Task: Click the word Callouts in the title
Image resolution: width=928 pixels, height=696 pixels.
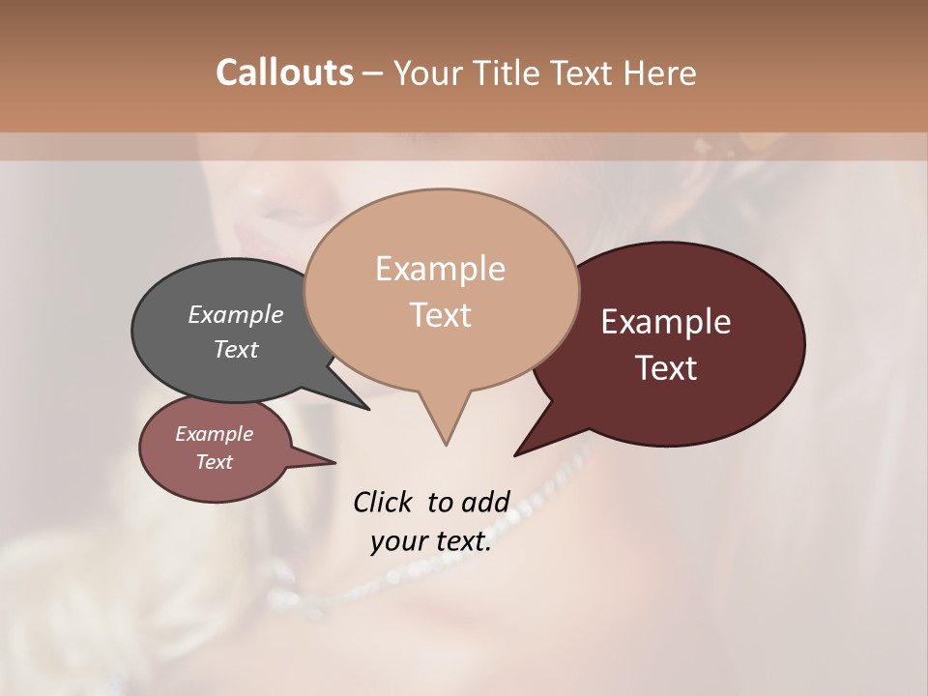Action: click(284, 72)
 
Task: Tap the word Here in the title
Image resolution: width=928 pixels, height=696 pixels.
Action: click(660, 72)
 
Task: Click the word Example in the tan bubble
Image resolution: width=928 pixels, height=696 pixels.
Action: click(440, 269)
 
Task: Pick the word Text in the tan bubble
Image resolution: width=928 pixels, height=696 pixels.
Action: click(440, 315)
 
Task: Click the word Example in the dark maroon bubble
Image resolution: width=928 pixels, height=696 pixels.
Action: click(666, 322)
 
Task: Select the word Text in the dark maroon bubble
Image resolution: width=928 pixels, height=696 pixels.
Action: click(666, 368)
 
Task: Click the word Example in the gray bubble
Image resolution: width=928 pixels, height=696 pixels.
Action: click(236, 314)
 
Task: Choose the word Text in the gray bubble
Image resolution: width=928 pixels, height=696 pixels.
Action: click(236, 349)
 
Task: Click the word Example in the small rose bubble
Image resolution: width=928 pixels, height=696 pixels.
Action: click(215, 434)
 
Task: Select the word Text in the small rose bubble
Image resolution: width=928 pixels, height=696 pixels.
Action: click(215, 462)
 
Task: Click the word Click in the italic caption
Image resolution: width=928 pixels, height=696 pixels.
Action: click(383, 502)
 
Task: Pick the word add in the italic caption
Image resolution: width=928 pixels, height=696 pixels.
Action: click(484, 502)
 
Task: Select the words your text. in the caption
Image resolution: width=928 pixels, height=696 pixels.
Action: click(431, 541)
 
